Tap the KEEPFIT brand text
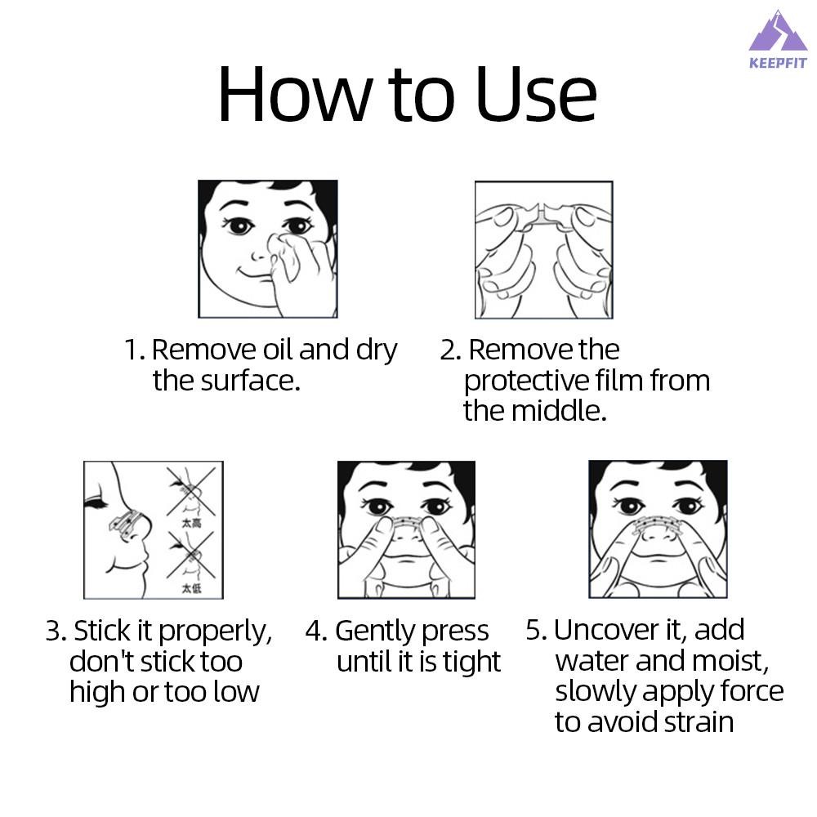(x=778, y=63)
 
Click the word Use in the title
(x=536, y=95)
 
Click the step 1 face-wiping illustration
(x=268, y=249)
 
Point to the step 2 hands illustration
(x=544, y=249)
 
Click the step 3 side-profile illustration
(x=154, y=530)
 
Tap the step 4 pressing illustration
(x=406, y=530)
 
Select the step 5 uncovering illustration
(x=658, y=529)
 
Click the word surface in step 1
(x=251, y=381)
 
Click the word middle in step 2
(x=559, y=411)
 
